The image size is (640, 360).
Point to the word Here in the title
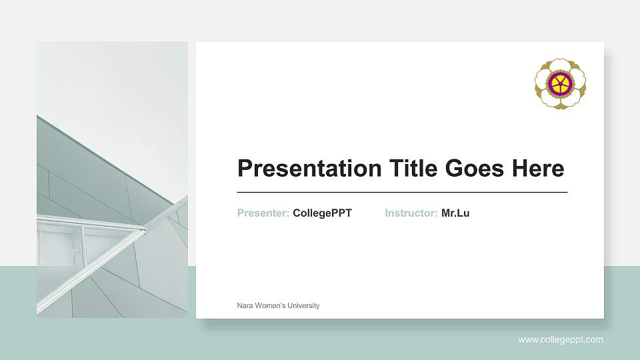538,169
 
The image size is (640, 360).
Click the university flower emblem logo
560,83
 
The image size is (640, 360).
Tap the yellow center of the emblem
560,83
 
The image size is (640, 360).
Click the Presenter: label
263,213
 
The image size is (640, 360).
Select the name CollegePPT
322,213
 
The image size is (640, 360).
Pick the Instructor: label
411,213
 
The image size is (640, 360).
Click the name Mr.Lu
455,213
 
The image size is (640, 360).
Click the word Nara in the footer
245,306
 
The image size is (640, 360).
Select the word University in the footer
304,306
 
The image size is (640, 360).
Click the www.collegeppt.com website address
561,340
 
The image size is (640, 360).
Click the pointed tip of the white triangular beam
144,230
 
